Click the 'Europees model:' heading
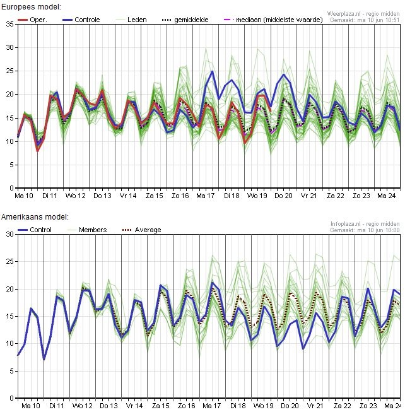click(32, 6)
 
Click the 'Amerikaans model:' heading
click(35, 216)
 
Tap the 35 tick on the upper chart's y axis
click(9, 24)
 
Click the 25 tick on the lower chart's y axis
click(9, 262)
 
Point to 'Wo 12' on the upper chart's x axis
click(76, 196)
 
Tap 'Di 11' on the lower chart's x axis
click(57, 406)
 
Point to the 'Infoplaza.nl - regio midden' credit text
click(365, 224)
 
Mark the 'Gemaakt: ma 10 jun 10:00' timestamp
click(365, 230)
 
